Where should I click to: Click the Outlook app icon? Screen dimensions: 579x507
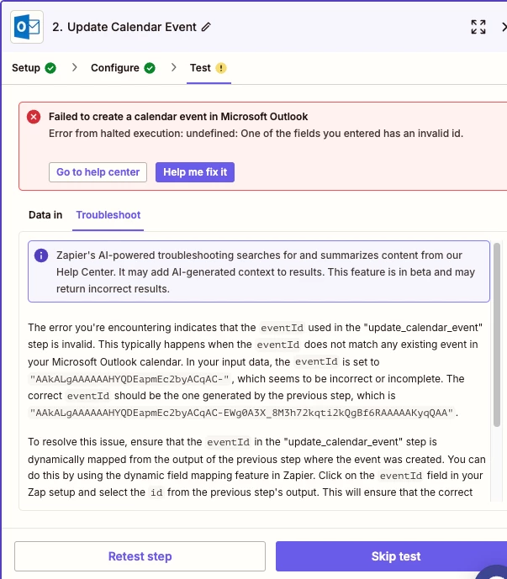pos(27,27)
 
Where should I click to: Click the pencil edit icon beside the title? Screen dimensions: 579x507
pos(207,27)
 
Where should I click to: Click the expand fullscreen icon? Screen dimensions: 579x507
pos(478,27)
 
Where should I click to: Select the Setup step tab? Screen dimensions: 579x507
pos(26,68)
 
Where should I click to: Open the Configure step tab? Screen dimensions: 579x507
pos(114,68)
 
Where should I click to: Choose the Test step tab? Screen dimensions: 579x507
pos(200,68)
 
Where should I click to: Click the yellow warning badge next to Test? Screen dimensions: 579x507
pos(221,68)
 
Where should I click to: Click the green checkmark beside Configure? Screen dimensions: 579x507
pos(150,68)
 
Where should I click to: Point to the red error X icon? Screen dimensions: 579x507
pos(34,117)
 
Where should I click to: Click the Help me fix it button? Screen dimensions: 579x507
pos(195,172)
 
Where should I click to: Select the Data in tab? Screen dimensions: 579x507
pos(45,215)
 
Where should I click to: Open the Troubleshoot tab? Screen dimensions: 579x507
pos(108,215)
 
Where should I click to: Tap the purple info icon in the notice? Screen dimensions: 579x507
pos(41,255)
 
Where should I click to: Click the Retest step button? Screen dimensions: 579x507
pos(140,556)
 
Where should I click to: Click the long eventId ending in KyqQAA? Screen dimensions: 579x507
pos(242,413)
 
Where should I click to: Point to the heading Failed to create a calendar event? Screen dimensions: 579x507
pos(178,117)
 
